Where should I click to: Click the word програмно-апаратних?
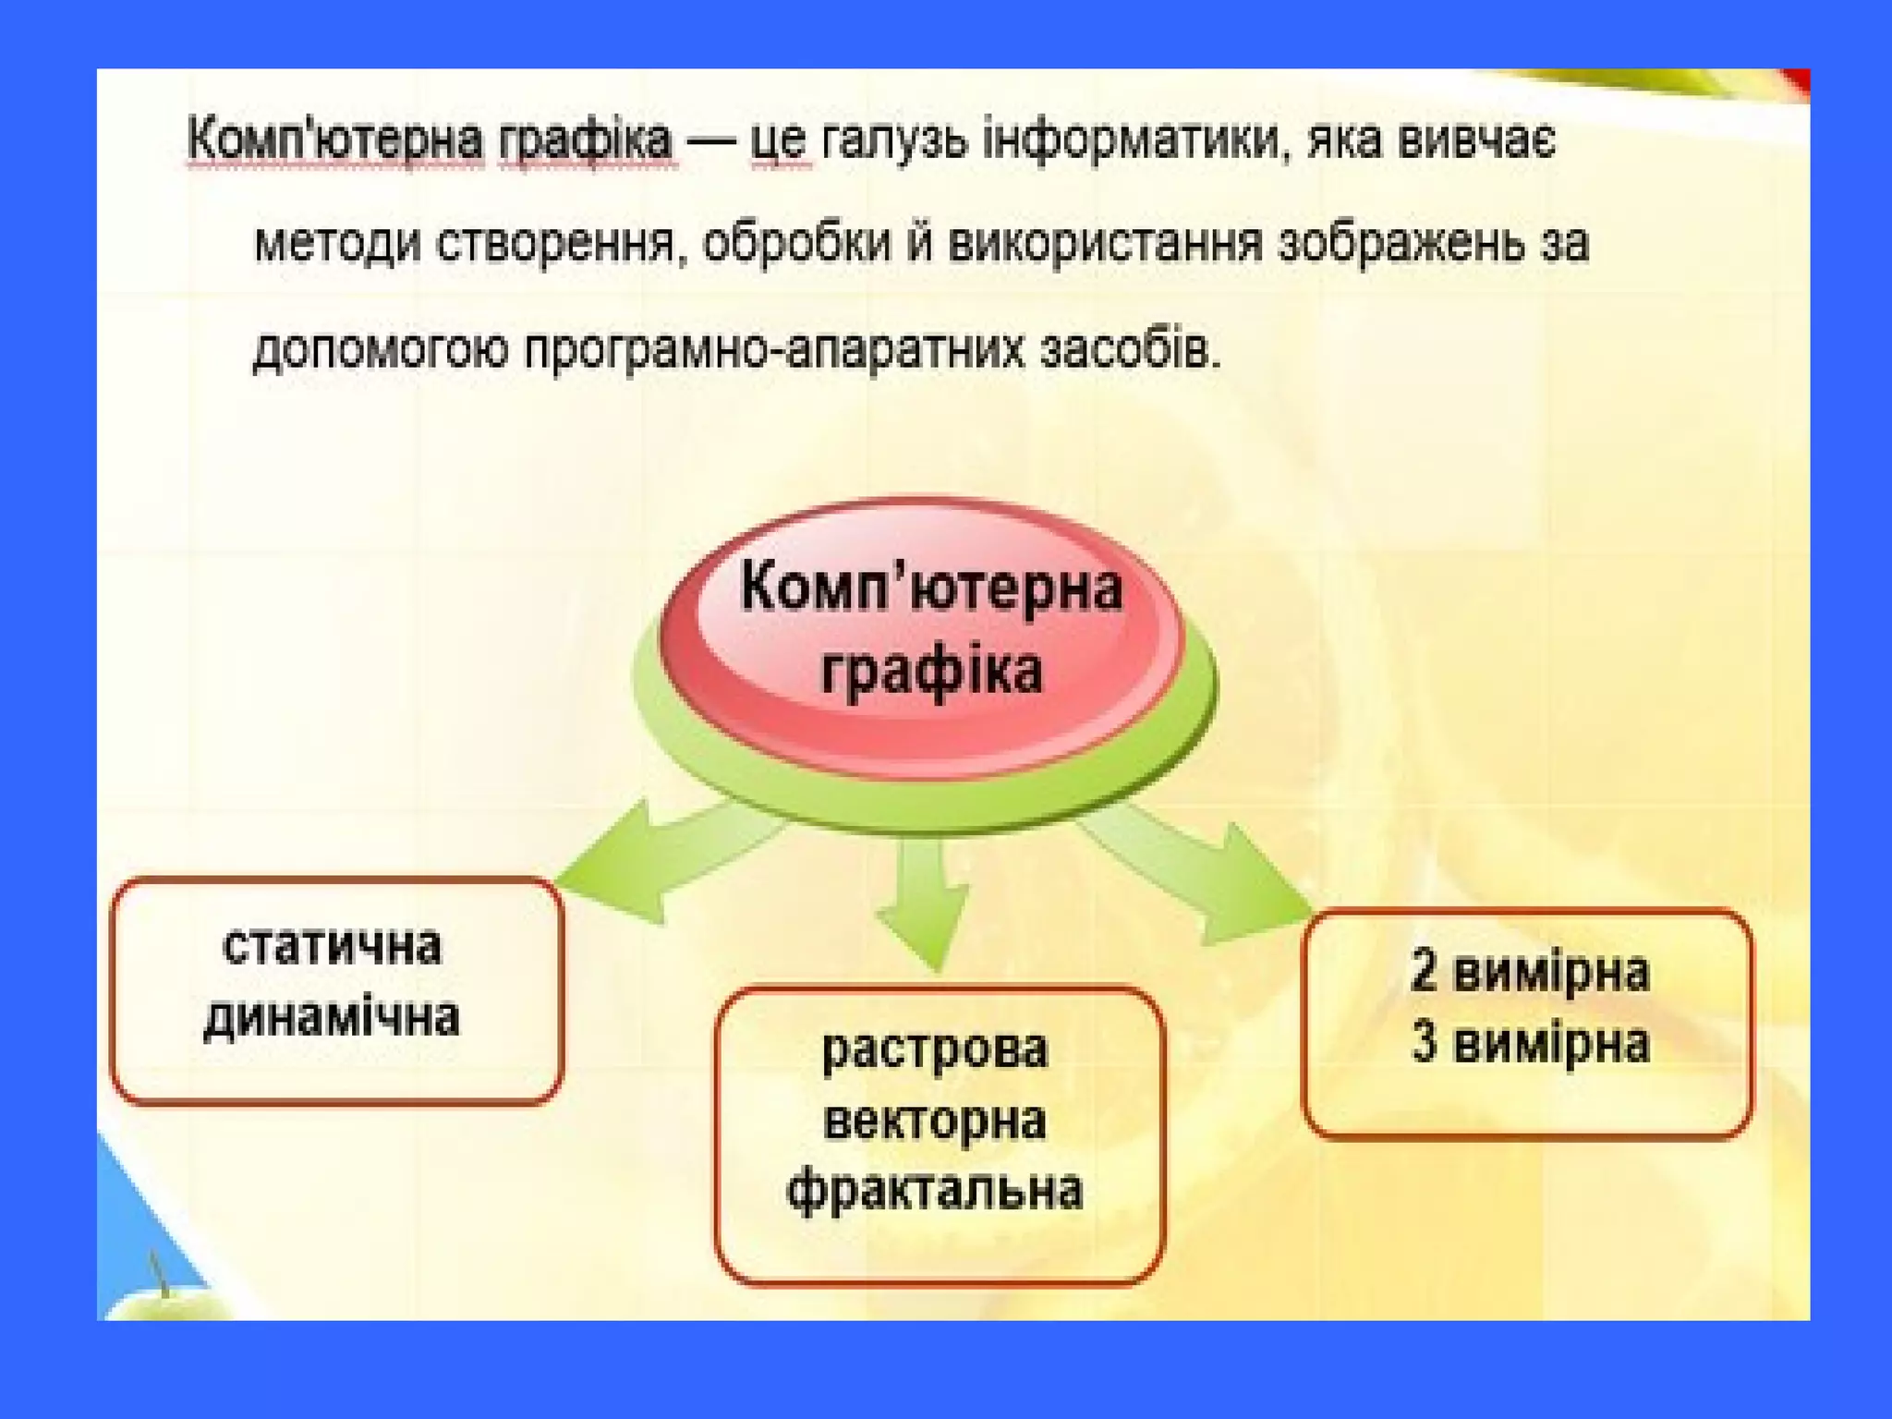(x=775, y=350)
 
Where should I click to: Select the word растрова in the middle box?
(x=935, y=1049)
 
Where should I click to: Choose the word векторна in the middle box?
(x=935, y=1121)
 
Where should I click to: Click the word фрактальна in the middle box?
(x=935, y=1190)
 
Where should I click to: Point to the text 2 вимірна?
(x=1529, y=973)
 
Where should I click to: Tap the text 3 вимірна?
(x=1529, y=1044)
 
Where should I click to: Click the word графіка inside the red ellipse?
(x=931, y=671)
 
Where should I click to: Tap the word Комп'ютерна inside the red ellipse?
(x=931, y=588)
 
